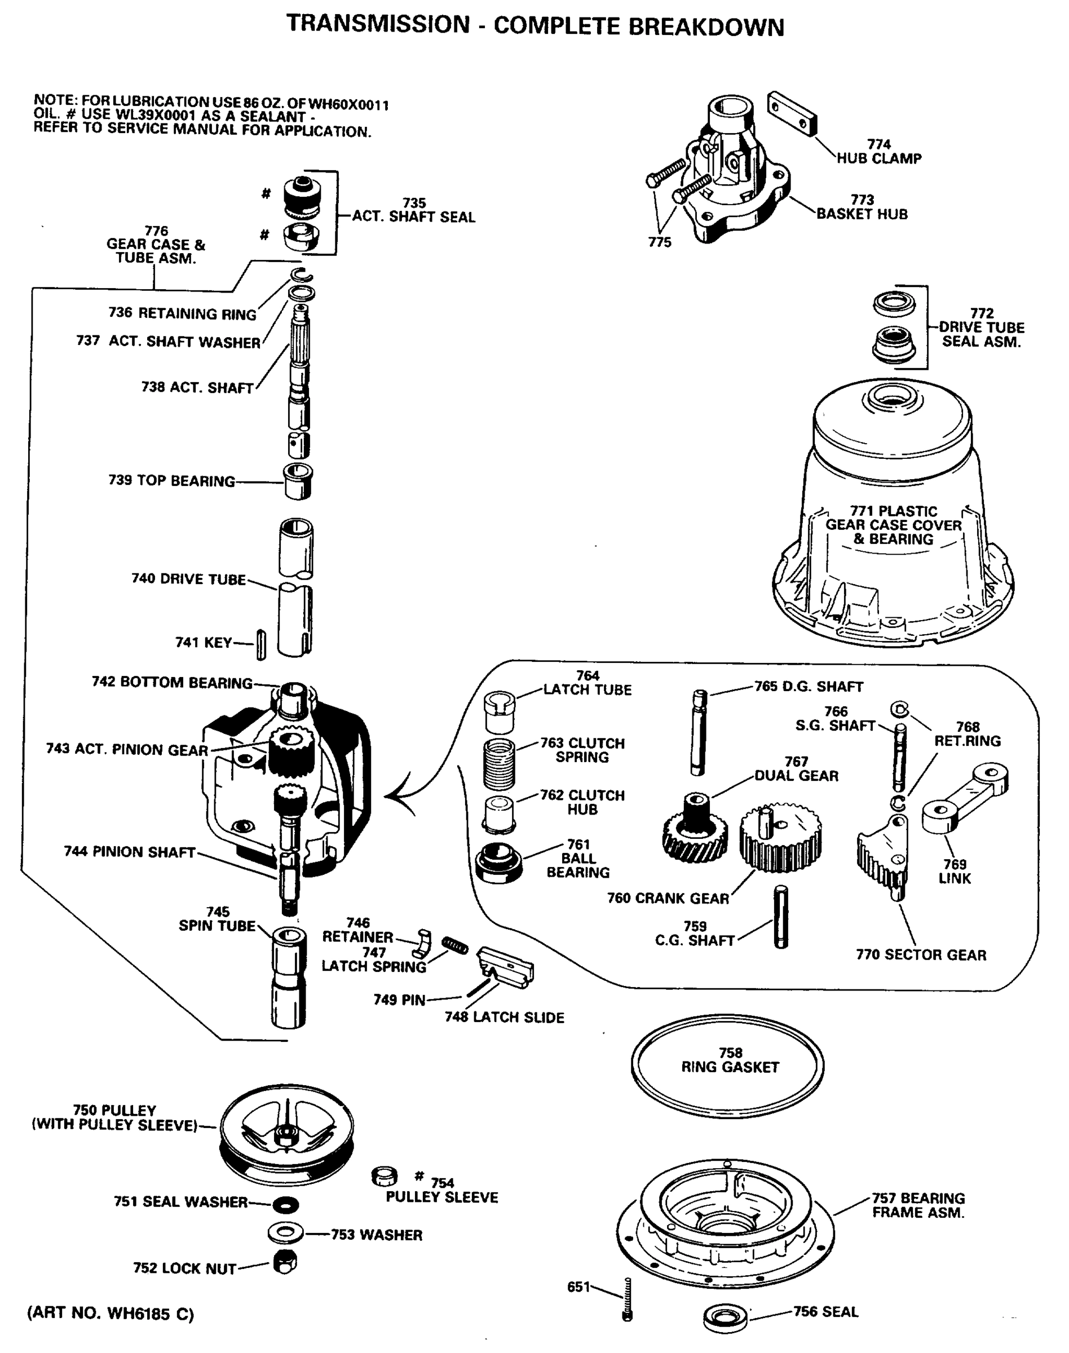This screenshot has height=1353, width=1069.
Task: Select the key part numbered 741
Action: (x=261, y=644)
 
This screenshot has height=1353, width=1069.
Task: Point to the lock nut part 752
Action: (x=285, y=1262)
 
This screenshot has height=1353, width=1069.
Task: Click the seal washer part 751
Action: (x=286, y=1204)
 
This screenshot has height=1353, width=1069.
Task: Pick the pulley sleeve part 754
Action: (x=385, y=1177)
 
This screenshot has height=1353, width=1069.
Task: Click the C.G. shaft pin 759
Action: (x=780, y=917)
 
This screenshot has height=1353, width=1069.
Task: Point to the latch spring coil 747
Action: (x=454, y=945)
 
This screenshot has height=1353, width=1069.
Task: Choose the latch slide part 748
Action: (x=505, y=967)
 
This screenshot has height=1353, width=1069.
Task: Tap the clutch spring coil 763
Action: (x=499, y=763)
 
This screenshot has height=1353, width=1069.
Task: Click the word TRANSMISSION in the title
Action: (x=378, y=24)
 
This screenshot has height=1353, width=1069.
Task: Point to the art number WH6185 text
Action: (x=110, y=1312)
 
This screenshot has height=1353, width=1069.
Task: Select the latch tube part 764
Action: (x=500, y=712)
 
